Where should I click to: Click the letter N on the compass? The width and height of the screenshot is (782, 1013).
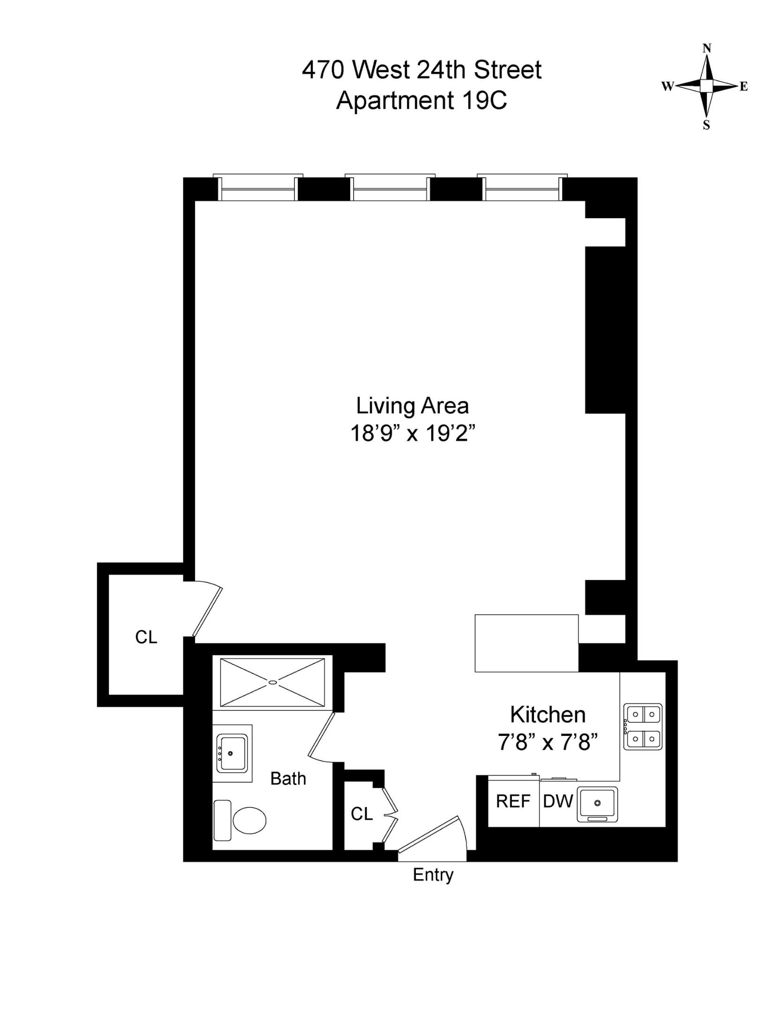tap(707, 48)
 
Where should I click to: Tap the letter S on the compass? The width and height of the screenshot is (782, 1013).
tap(706, 125)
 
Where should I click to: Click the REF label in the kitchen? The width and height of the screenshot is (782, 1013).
tap(513, 801)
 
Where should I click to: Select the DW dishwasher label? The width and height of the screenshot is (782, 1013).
tap(558, 801)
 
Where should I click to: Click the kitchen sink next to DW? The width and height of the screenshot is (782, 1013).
tap(597, 803)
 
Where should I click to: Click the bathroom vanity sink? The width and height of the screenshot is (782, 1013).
tap(231, 754)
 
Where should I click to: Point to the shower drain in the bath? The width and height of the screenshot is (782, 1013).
tap(272, 682)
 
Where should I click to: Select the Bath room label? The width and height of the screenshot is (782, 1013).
tap(288, 779)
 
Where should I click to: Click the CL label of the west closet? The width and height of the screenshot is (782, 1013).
tap(146, 637)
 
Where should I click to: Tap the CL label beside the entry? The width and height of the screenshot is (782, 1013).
tap(361, 814)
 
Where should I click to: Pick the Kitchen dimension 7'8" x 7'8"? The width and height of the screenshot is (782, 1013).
tap(548, 742)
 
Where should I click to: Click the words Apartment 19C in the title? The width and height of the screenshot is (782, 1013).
tap(421, 100)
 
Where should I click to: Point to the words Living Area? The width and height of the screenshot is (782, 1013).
tap(412, 406)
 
